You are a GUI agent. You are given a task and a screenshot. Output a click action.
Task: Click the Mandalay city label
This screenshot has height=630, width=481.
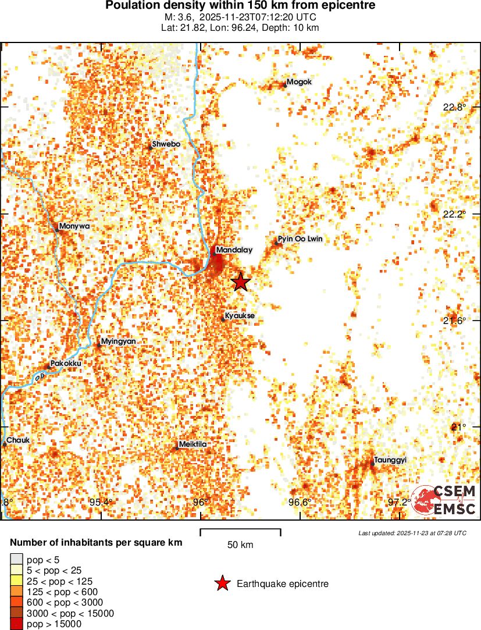(x=234, y=250)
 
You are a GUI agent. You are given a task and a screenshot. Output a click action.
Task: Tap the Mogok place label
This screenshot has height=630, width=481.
(x=300, y=82)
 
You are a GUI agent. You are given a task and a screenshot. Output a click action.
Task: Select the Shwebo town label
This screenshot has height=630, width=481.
(x=166, y=144)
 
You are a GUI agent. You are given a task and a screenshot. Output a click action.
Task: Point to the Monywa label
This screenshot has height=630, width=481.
(x=74, y=226)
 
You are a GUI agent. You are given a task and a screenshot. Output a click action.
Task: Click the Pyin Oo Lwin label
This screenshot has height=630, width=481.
(x=300, y=239)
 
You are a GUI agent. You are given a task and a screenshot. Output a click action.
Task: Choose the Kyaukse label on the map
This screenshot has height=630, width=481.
(x=240, y=316)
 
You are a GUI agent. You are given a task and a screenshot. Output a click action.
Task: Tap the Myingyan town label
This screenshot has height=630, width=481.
(x=118, y=341)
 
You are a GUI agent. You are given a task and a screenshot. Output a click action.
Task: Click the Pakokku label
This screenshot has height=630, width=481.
(x=66, y=364)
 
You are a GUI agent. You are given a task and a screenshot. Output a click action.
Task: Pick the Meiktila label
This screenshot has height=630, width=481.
(x=193, y=444)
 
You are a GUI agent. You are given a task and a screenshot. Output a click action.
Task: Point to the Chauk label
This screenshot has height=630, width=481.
(x=17, y=440)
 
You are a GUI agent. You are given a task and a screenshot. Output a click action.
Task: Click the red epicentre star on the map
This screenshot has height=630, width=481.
(x=241, y=282)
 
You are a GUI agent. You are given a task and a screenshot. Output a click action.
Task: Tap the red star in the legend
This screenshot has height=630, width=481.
(x=222, y=583)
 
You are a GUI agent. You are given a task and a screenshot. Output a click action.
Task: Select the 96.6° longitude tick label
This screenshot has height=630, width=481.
(x=301, y=502)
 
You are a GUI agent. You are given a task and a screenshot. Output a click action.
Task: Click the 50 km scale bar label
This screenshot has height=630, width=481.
(x=240, y=545)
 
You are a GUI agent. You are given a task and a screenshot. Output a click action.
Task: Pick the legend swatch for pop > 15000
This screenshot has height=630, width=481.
(x=16, y=624)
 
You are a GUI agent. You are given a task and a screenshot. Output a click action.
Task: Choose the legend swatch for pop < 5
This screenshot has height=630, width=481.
(x=16, y=560)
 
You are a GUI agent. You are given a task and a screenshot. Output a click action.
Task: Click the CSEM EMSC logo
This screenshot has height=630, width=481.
(x=444, y=500)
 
